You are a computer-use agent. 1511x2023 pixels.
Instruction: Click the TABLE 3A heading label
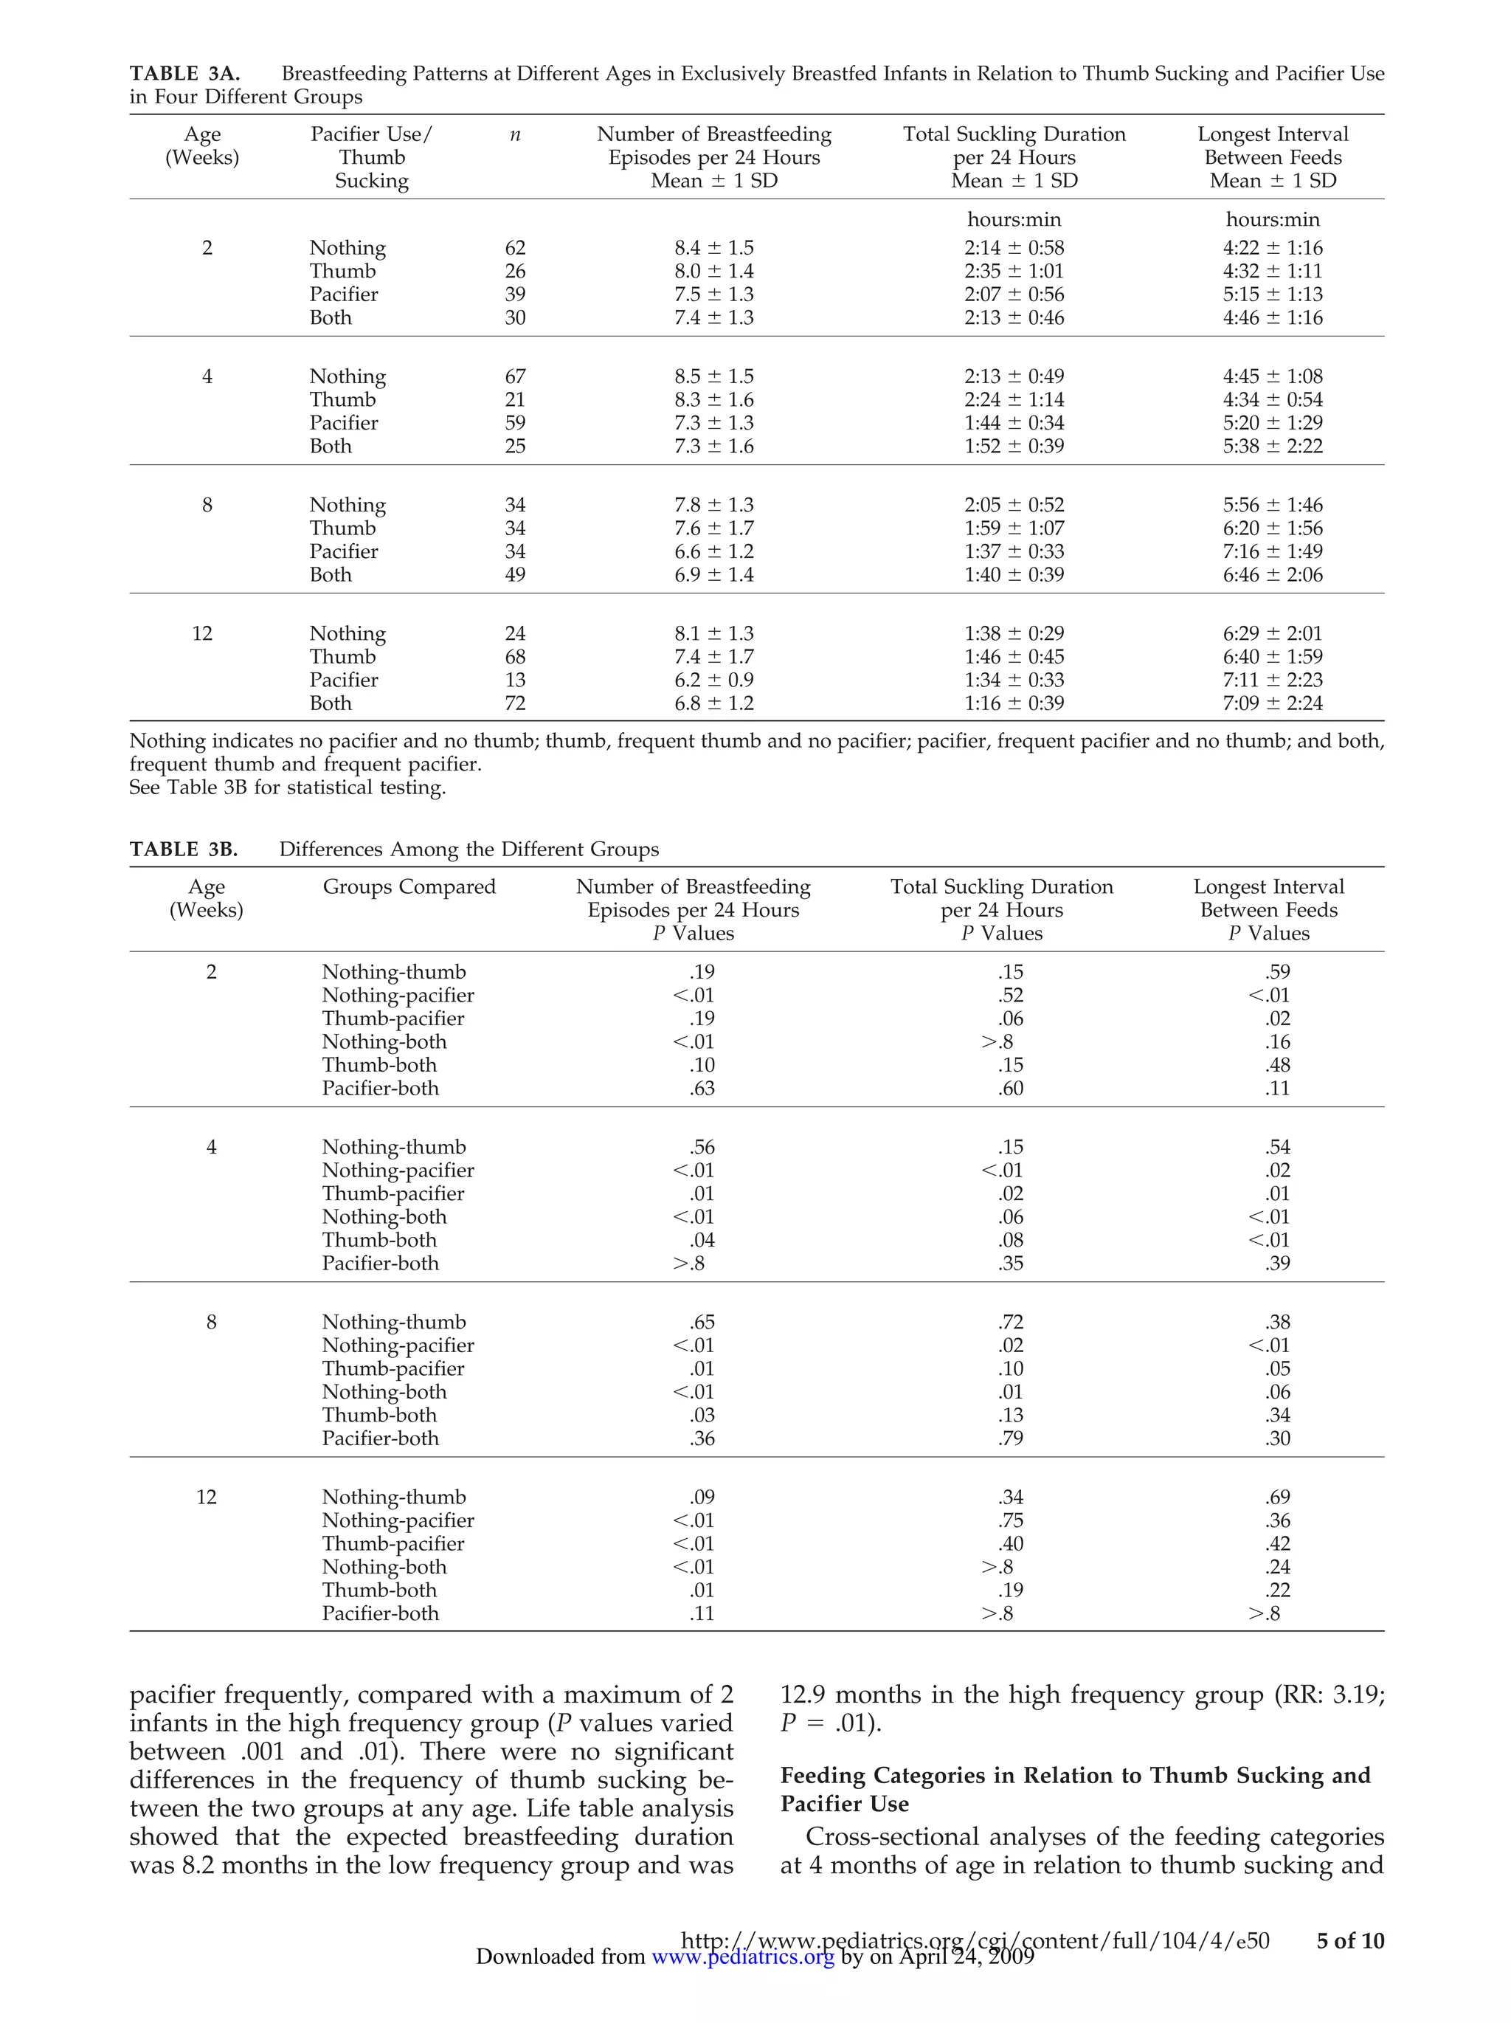[x=184, y=73]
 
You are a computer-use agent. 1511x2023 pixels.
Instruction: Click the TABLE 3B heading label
[x=184, y=849]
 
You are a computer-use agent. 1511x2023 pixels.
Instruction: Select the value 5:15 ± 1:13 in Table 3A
[x=1273, y=294]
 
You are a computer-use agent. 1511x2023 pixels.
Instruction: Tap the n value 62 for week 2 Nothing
[x=515, y=248]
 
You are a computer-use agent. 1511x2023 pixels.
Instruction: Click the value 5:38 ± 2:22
[x=1273, y=447]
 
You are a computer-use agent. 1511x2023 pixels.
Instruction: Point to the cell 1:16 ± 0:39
[x=1014, y=703]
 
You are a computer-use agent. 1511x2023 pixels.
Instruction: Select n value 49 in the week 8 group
[x=515, y=574]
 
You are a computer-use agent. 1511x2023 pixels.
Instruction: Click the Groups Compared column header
[x=409, y=886]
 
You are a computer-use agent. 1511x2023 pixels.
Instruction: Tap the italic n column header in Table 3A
[x=515, y=134]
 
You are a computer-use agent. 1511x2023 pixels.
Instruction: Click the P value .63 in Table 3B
[x=702, y=1089]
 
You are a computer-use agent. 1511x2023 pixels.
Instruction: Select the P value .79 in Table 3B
[x=1010, y=1438]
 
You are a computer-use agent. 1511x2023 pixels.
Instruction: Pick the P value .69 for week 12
[x=1277, y=1497]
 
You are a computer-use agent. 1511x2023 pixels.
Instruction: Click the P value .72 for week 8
[x=1010, y=1323]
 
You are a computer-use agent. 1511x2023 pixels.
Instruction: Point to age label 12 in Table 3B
[x=207, y=1497]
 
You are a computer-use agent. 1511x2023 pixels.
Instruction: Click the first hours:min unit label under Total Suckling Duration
[x=1014, y=219]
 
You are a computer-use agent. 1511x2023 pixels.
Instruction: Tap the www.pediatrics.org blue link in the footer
[x=742, y=1957]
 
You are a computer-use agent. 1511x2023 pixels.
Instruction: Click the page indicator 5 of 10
[x=1349, y=1940]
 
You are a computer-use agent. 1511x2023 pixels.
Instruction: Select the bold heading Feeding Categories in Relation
[x=1075, y=1775]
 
